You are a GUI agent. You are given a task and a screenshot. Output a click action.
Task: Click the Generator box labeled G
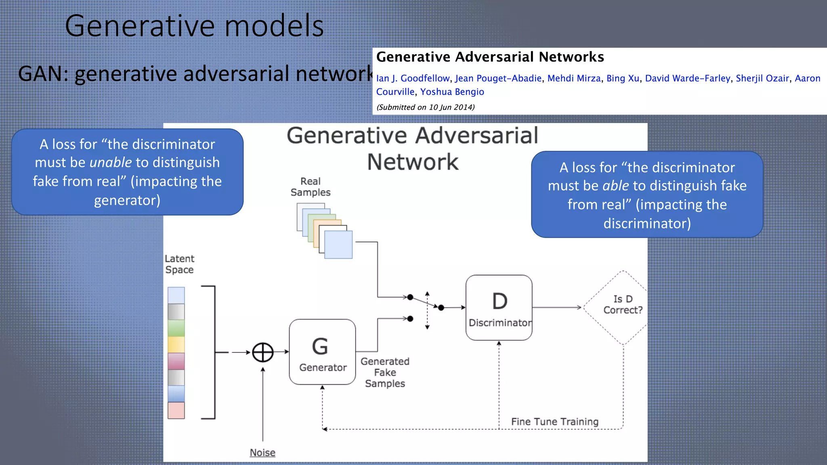(x=322, y=352)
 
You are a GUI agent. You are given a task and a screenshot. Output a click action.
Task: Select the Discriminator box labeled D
(x=499, y=308)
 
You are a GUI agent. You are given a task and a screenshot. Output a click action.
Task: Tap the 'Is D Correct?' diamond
(x=623, y=307)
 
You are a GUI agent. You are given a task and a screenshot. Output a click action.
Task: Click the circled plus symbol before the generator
(x=263, y=352)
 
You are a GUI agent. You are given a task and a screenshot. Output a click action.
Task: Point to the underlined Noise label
(x=262, y=452)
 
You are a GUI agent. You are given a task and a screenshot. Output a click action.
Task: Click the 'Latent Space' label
(x=179, y=264)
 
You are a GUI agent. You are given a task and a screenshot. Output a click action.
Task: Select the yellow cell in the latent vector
(x=176, y=344)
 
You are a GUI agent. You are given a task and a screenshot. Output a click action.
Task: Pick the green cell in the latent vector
(x=176, y=328)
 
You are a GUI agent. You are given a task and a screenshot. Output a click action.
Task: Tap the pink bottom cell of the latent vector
(x=176, y=410)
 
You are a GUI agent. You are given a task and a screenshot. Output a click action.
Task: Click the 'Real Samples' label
(x=310, y=187)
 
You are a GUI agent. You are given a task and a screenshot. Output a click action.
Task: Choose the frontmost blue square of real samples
(x=338, y=245)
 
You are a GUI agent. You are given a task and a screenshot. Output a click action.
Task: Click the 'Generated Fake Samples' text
(x=385, y=372)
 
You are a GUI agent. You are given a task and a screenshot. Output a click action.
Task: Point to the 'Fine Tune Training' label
(x=554, y=421)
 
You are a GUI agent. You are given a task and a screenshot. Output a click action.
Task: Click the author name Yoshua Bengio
(x=452, y=92)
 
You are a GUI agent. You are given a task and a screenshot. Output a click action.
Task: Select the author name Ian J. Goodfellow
(x=413, y=78)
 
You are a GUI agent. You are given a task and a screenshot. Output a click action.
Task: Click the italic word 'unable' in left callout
(x=110, y=162)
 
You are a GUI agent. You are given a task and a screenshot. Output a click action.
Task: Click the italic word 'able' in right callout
(x=615, y=186)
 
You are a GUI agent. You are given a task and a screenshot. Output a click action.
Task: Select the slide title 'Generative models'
(x=194, y=26)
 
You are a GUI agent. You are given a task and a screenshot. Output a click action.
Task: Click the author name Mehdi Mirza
(x=574, y=78)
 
